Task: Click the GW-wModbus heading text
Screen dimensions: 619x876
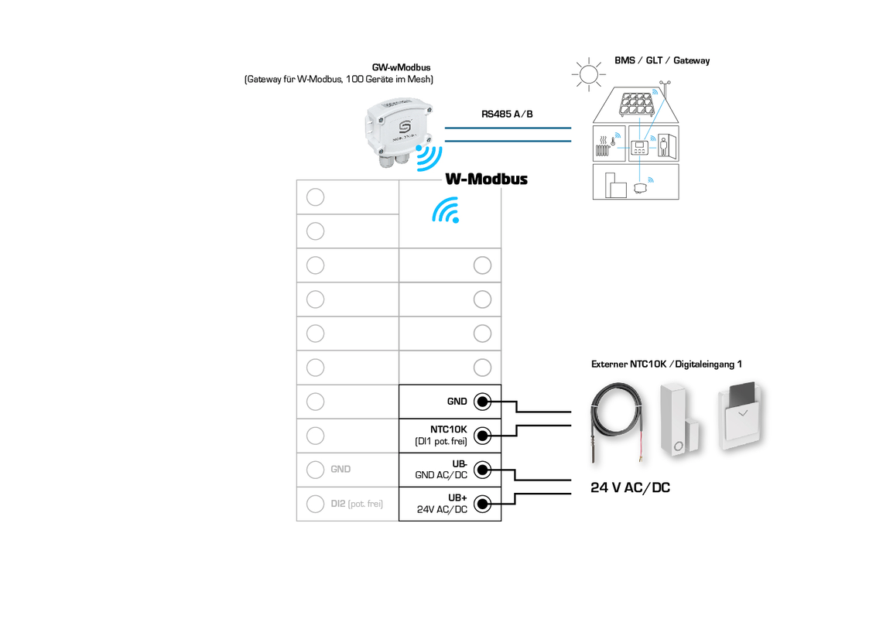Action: click(401, 67)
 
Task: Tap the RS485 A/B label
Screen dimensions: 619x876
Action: click(507, 114)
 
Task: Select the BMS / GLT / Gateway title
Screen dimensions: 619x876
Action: click(662, 60)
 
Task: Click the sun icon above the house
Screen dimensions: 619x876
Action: click(588, 74)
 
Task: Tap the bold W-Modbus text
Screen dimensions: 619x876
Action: click(486, 179)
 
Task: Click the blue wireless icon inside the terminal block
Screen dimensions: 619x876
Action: click(446, 210)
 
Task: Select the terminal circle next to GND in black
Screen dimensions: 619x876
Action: click(482, 402)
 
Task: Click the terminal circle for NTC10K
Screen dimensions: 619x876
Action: click(482, 436)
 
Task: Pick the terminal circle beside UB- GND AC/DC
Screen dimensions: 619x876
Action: click(482, 470)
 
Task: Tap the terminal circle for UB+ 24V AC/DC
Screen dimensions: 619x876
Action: click(482, 504)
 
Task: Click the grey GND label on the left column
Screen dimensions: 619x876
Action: click(340, 469)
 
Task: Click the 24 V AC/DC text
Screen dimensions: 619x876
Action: click(630, 488)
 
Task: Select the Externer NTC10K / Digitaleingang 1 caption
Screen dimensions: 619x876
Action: click(666, 364)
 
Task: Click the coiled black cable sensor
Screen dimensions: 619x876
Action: click(615, 422)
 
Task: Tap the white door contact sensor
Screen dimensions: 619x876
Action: click(680, 422)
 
